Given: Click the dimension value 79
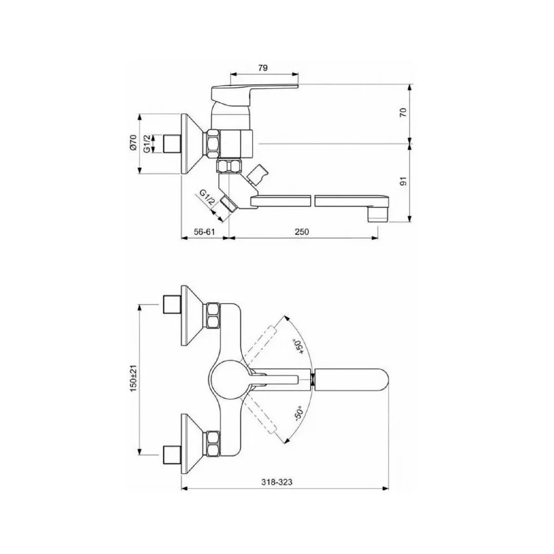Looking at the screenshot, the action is click(x=263, y=68).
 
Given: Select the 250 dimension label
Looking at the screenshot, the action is click(x=302, y=232).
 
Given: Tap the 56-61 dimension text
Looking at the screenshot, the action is click(x=204, y=232).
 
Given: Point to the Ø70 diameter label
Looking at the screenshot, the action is click(x=133, y=143).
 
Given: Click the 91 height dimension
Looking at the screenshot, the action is click(x=404, y=181).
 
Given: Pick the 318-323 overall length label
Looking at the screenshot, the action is click(x=277, y=481).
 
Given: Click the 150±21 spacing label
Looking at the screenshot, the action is click(x=133, y=378).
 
